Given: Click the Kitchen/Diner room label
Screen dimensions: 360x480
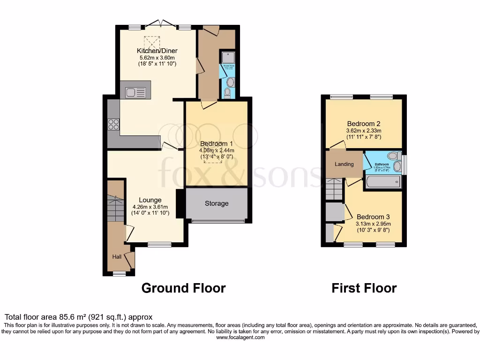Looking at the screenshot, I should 157,51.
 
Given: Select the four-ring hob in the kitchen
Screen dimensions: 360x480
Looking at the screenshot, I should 113,124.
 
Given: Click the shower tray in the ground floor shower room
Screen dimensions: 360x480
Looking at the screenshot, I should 228,57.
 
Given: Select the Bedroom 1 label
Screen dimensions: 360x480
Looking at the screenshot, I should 217,143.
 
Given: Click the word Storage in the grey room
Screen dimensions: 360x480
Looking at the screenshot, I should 217,203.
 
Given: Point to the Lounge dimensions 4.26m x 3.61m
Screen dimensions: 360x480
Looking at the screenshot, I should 150,207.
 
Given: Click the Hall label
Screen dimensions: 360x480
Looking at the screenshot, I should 116,257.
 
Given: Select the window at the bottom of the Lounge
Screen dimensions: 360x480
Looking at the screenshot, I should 159,244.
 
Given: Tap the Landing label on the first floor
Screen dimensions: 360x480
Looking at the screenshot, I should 344,164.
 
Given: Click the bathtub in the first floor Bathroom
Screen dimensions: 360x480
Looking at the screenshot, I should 383,182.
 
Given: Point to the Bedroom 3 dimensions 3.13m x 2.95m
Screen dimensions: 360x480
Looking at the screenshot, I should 373,224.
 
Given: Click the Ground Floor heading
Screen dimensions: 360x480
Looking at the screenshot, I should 183,288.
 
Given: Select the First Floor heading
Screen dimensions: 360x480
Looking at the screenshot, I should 364,288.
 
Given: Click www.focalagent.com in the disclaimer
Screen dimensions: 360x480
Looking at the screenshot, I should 240,337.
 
